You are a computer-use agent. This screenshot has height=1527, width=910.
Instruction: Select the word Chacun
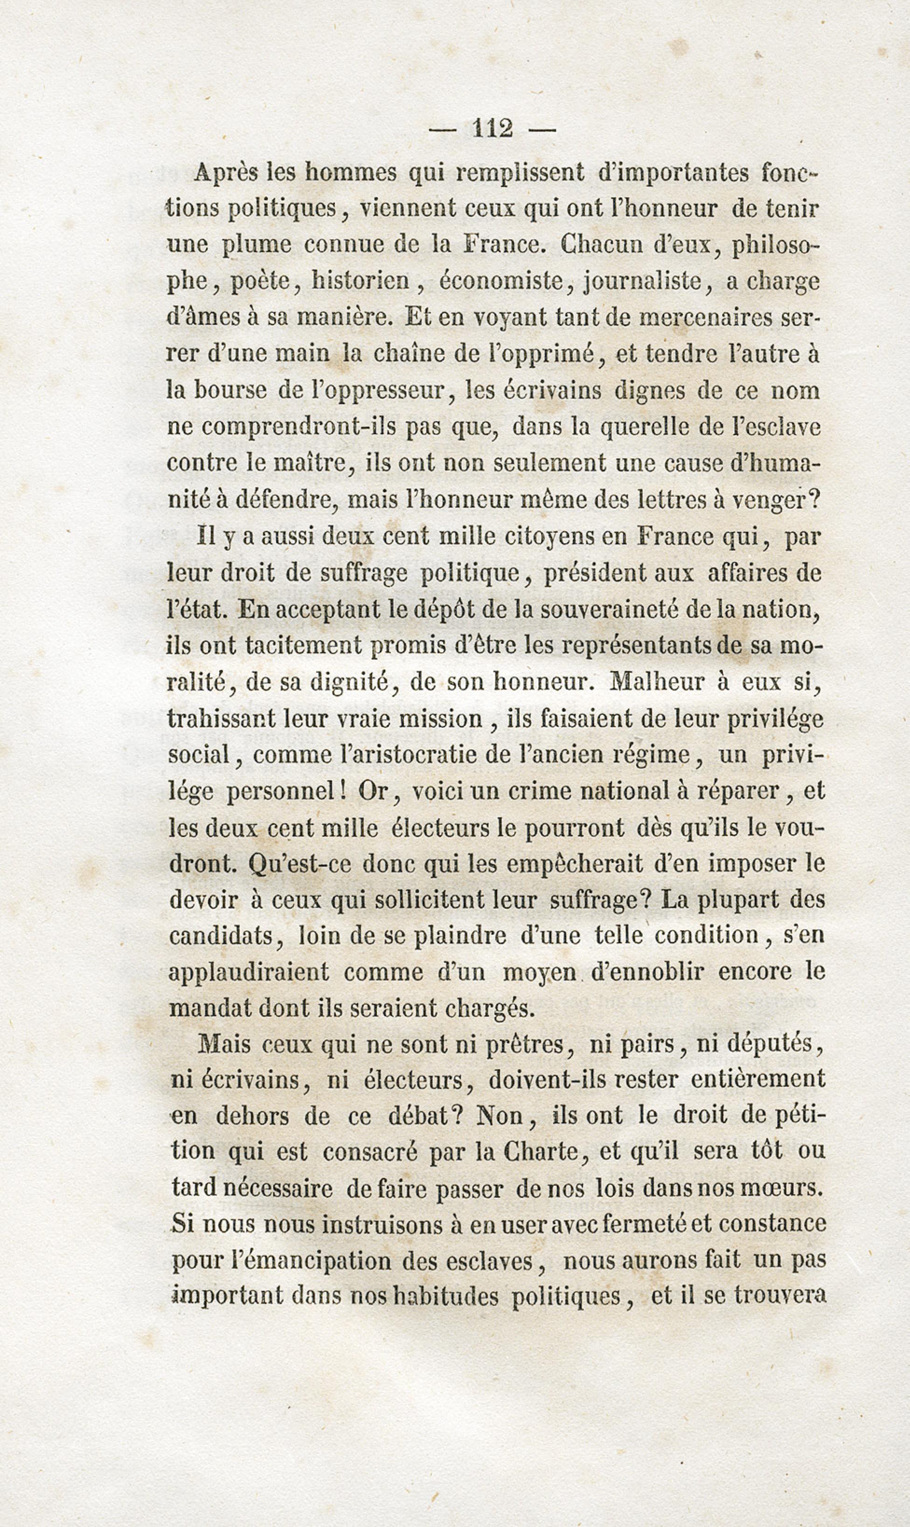[x=599, y=245]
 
